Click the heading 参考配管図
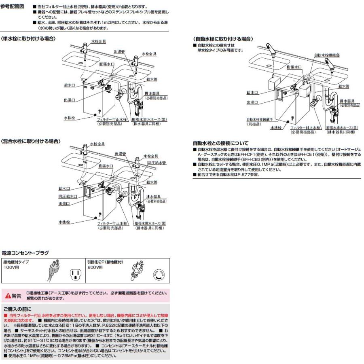pos(13,7)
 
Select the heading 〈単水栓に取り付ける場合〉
pos(28,38)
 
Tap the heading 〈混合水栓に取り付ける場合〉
pos(31,141)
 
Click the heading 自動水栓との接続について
pos(220,143)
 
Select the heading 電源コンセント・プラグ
pos(25,253)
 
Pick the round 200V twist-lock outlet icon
pos(158,275)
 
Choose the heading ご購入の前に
pos(17,309)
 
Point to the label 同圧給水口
pos(67,196)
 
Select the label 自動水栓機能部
pos(326,55)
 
